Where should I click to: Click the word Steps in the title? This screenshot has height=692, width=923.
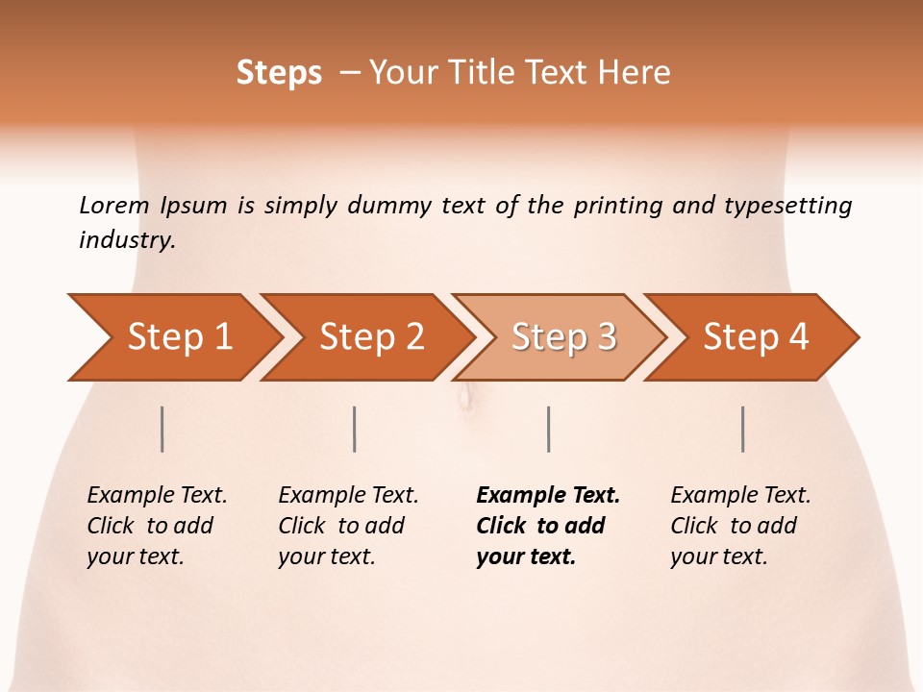click(x=279, y=73)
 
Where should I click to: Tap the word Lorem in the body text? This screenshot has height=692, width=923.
click(x=114, y=206)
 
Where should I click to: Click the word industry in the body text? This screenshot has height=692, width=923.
click(x=127, y=239)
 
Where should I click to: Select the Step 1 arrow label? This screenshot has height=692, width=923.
click(x=180, y=337)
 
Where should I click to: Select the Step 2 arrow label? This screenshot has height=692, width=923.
click(x=372, y=337)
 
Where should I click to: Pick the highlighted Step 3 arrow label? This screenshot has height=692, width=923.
click(x=563, y=337)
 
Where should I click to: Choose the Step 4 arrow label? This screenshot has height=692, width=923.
click(x=756, y=337)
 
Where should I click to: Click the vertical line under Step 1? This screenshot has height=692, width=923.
click(x=162, y=429)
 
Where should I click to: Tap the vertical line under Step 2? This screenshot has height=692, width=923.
click(x=355, y=429)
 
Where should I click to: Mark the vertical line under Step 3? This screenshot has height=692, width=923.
click(x=548, y=429)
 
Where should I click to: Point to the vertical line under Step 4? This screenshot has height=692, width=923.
click(x=743, y=429)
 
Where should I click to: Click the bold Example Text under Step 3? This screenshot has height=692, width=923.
click(x=548, y=496)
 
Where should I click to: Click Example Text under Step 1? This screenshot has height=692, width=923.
click(x=157, y=496)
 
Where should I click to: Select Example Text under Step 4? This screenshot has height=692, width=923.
click(x=740, y=496)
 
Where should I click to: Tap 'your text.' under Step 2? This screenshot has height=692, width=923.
click(x=327, y=556)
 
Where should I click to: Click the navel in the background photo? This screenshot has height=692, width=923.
click(x=466, y=394)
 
